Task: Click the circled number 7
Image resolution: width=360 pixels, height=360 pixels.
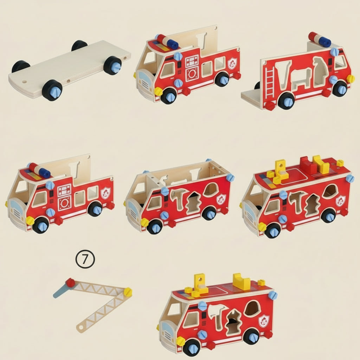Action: point(85,259)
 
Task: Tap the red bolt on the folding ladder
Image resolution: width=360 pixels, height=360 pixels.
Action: point(70,283)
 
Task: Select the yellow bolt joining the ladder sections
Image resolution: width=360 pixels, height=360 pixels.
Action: point(128,292)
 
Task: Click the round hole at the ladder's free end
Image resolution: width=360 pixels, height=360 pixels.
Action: point(81,329)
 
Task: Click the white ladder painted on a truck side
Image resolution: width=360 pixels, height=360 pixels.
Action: point(270,82)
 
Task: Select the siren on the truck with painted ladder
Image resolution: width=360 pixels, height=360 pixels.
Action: point(320,39)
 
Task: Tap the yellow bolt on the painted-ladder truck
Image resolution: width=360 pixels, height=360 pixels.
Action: point(350,79)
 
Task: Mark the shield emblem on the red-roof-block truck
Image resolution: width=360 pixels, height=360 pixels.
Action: point(340,201)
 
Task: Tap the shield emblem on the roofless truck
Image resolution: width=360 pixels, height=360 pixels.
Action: point(221,199)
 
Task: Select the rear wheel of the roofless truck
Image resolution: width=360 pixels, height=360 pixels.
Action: point(209,213)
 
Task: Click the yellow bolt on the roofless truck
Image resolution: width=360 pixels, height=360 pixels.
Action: point(144,222)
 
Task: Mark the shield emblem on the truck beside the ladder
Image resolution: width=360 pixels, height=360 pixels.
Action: point(264,321)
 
